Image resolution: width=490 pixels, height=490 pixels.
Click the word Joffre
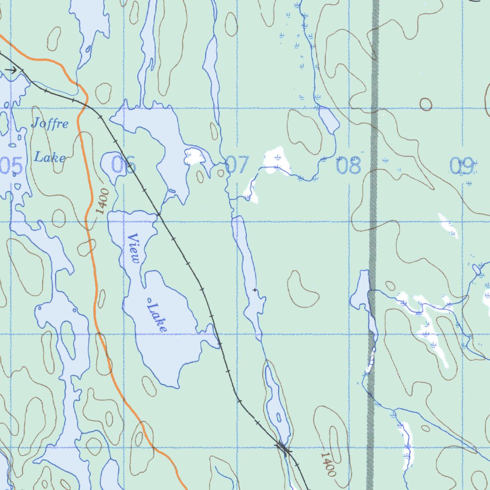(x=50, y=124)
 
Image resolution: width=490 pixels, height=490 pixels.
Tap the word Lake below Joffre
(x=50, y=157)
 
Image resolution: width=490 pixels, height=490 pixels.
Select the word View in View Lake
(x=134, y=249)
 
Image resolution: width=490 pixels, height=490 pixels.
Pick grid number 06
(x=123, y=165)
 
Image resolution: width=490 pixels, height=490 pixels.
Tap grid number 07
(x=237, y=165)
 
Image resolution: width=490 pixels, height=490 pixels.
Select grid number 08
(x=349, y=166)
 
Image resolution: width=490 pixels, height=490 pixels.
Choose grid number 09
(x=462, y=166)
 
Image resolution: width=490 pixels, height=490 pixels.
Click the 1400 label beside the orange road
(x=101, y=201)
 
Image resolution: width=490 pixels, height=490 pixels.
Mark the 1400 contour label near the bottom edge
(x=328, y=464)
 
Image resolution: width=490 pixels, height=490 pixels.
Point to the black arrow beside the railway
(x=12, y=70)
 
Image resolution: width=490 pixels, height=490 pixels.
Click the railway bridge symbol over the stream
(x=283, y=448)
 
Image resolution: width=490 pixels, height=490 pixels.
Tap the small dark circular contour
(x=425, y=104)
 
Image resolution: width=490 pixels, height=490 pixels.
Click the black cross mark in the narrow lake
(x=255, y=290)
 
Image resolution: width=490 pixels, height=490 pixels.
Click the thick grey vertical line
(x=372, y=239)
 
